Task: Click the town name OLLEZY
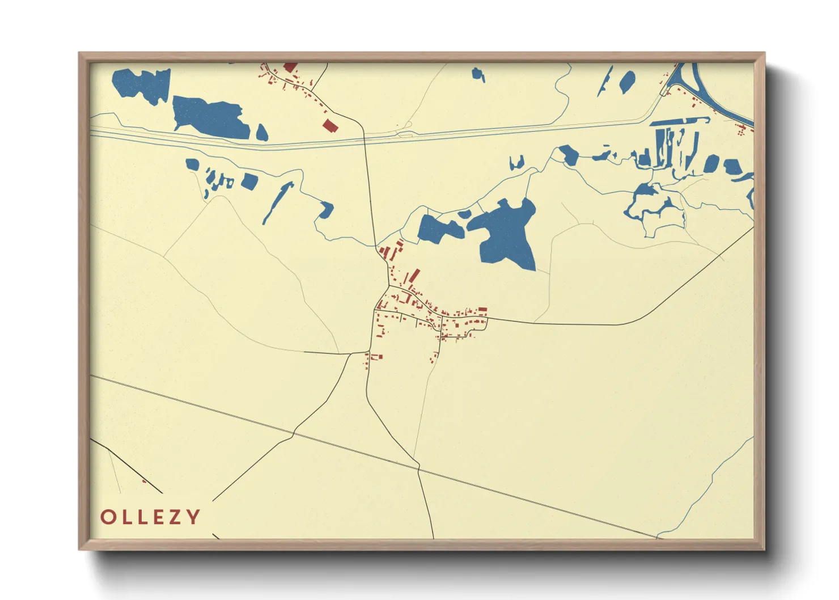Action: pos(150,517)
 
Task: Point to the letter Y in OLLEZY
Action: pos(193,517)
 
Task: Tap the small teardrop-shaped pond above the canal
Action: pos(261,133)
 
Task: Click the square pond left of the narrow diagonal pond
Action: pos(249,181)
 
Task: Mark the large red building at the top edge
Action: pos(290,67)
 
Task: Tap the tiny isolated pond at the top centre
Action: pos(478,74)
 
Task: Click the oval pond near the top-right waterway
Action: pos(627,82)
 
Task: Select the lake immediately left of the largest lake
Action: pos(439,229)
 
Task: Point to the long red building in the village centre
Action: pos(414,276)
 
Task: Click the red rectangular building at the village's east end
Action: pos(482,310)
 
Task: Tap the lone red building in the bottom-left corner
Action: pos(144,481)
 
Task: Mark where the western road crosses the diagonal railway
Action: pos(293,433)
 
